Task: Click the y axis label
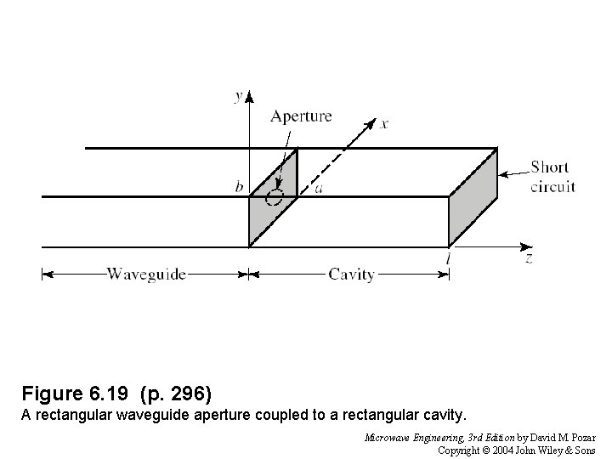coord(238,96)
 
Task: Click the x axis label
coord(384,124)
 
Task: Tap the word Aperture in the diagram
coord(301,116)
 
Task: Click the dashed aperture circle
coord(274,197)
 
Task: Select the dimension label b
coord(240,187)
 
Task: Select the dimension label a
coord(318,188)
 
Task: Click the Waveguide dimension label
coord(146,274)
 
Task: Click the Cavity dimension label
coord(351,274)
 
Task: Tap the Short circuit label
coord(552,177)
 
